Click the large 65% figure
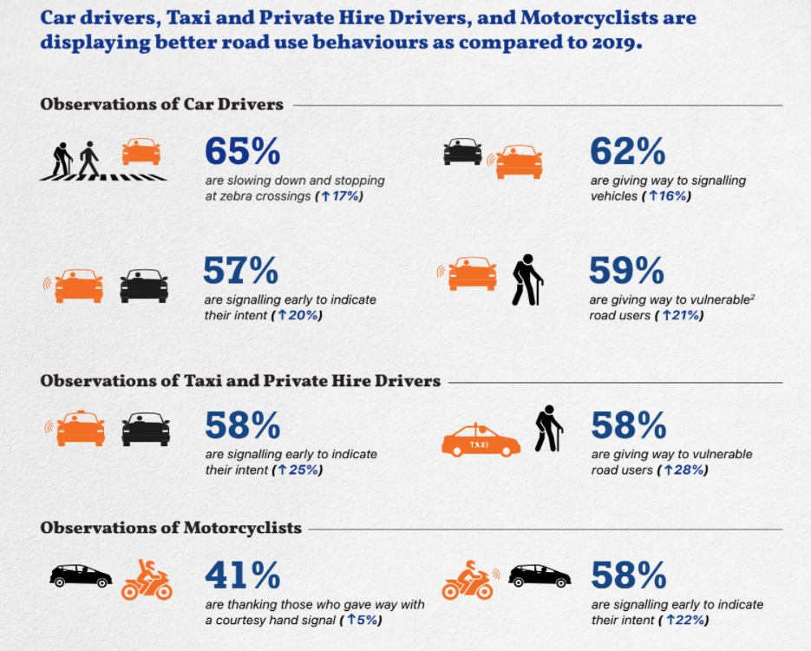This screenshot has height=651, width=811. click(243, 151)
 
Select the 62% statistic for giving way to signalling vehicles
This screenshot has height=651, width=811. click(628, 151)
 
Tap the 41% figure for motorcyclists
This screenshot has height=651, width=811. click(242, 575)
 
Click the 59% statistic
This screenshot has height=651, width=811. click(627, 271)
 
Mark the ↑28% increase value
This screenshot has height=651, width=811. click(683, 470)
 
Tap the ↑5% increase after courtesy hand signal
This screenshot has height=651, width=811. click(363, 620)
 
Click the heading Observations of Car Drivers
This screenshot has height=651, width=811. click(161, 104)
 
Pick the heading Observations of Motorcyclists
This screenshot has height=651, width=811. click(171, 528)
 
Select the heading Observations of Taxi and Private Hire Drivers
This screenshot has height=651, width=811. click(240, 380)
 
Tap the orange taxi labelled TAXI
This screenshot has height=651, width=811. click(481, 441)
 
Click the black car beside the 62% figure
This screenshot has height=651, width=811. click(462, 152)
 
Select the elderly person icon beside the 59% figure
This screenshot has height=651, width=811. click(526, 279)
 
